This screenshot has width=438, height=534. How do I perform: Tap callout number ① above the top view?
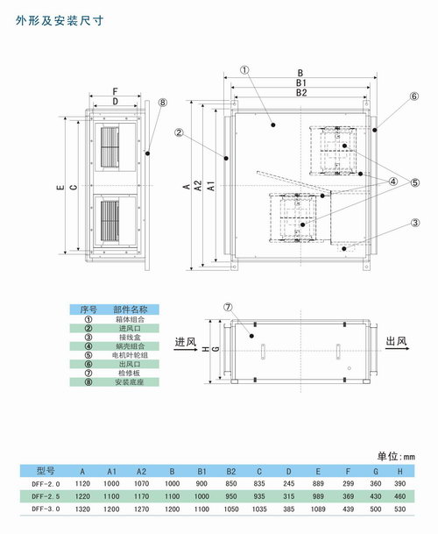point(244,69)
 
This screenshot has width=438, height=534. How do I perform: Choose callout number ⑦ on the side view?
point(228,307)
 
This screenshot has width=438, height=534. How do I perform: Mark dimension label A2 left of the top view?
point(198,185)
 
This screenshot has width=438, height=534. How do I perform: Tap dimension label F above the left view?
point(116,91)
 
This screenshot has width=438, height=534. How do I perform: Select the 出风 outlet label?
point(397,342)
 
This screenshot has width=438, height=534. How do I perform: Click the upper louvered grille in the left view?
point(110,147)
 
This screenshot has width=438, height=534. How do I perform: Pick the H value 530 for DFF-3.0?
point(399,509)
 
